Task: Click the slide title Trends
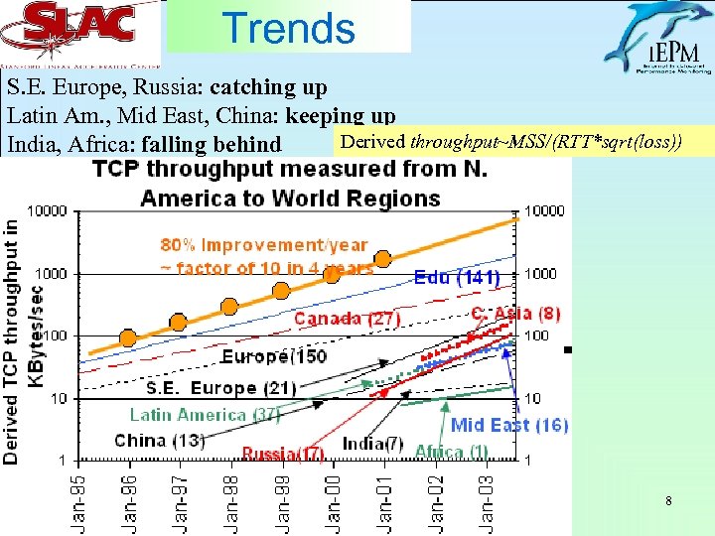point(289,27)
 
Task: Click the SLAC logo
point(80,31)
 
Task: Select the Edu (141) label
point(456,278)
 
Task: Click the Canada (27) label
point(347,319)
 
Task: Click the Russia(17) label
point(283,454)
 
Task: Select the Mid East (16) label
point(508,425)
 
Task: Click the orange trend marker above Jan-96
point(128,337)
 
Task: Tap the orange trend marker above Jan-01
point(382,260)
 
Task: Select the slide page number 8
point(668,502)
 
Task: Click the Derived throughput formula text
point(509,142)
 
